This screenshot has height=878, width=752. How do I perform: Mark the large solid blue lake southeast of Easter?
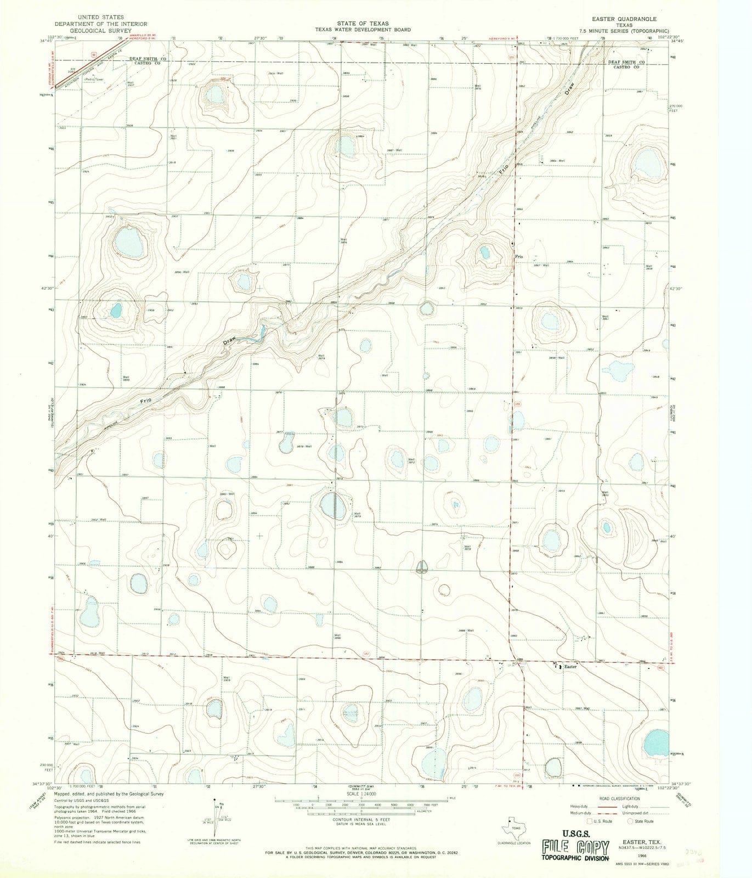coord(655,742)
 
